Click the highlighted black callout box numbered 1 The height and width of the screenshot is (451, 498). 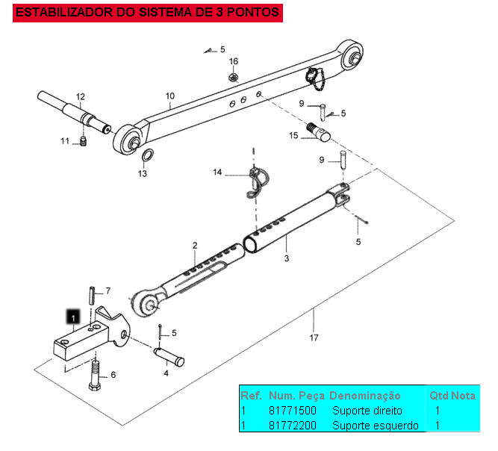pyautogui.click(x=72, y=317)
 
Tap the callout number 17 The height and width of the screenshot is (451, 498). pyautogui.click(x=314, y=337)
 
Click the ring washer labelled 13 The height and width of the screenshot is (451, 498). pyautogui.click(x=148, y=156)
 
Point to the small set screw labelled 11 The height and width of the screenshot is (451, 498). pyautogui.click(x=84, y=141)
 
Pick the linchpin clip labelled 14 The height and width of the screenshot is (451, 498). pyautogui.click(x=256, y=181)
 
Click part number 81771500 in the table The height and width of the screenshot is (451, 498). pyautogui.click(x=292, y=411)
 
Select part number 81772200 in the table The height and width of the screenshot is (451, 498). pyautogui.click(x=292, y=425)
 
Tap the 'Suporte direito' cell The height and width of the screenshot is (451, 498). pyautogui.click(x=367, y=411)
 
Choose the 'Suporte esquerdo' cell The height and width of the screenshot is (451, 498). pyautogui.click(x=375, y=425)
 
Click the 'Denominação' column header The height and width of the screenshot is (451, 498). pyautogui.click(x=364, y=395)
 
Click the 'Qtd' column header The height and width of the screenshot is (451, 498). pyautogui.click(x=438, y=395)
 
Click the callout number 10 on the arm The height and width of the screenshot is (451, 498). pyautogui.click(x=170, y=96)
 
